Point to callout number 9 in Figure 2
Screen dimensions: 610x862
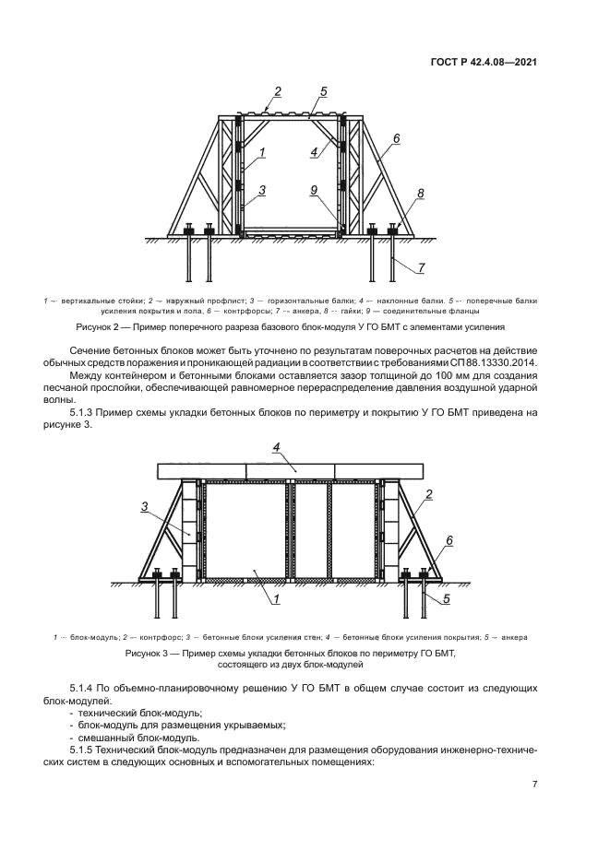314,190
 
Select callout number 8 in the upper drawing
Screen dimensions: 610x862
421,193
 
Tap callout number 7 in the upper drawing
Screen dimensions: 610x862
422,267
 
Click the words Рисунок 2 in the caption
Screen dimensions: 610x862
97,327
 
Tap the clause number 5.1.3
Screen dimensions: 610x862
83,412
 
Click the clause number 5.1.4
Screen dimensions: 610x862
83,689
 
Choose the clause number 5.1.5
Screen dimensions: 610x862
83,750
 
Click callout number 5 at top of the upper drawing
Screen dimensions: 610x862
323,92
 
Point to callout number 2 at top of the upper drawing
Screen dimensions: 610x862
278,92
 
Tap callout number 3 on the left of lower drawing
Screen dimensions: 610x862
144,507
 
